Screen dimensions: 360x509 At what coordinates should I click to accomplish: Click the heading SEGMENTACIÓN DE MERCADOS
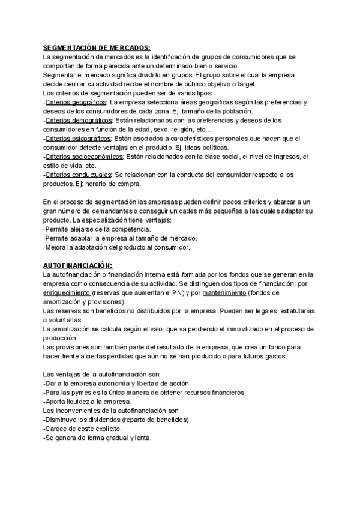[x=97, y=48]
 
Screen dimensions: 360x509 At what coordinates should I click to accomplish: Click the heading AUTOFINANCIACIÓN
[x=77, y=265]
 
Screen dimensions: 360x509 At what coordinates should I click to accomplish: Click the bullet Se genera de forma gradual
[x=97, y=438]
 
